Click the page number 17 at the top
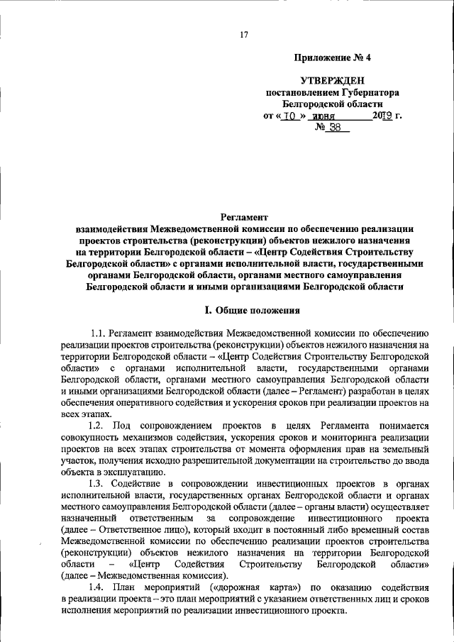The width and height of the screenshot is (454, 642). tap(243, 35)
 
